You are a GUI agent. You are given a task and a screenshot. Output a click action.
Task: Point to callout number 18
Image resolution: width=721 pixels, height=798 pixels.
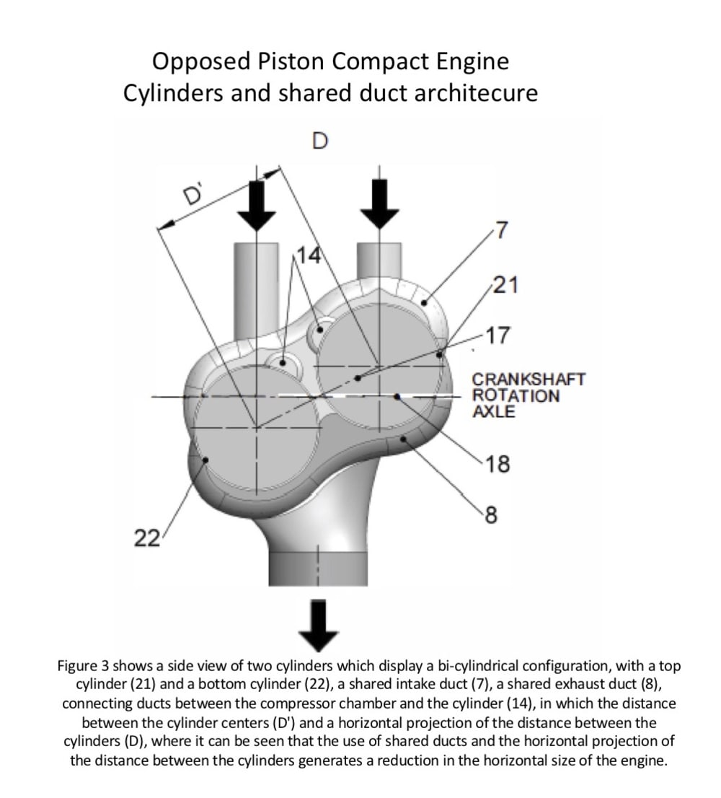click(x=498, y=465)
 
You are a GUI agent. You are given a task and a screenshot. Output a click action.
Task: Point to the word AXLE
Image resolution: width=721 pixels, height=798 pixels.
click(x=494, y=412)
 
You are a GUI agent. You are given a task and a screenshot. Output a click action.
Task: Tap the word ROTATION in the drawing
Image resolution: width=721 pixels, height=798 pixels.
click(x=516, y=395)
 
